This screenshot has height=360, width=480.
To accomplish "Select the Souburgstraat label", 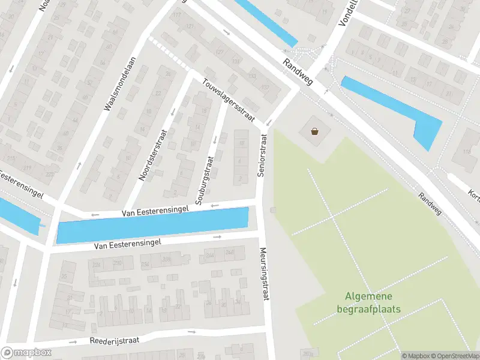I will pyautogui.click(x=203, y=178).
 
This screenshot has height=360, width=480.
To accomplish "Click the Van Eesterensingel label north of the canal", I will pyautogui.click(x=155, y=210).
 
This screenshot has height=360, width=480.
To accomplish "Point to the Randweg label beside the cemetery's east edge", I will pyautogui.click(x=430, y=203).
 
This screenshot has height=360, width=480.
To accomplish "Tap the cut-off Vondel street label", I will pyautogui.click(x=347, y=13).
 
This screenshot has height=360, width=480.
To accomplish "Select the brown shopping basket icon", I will pyautogui.click(x=314, y=131).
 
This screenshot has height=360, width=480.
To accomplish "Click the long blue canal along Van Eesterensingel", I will pyautogui.click(x=152, y=226).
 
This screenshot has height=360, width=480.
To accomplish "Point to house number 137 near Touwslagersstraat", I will pyautogui.click(x=265, y=88).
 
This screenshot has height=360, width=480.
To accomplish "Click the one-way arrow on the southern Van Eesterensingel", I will pyautogui.click(x=217, y=236).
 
